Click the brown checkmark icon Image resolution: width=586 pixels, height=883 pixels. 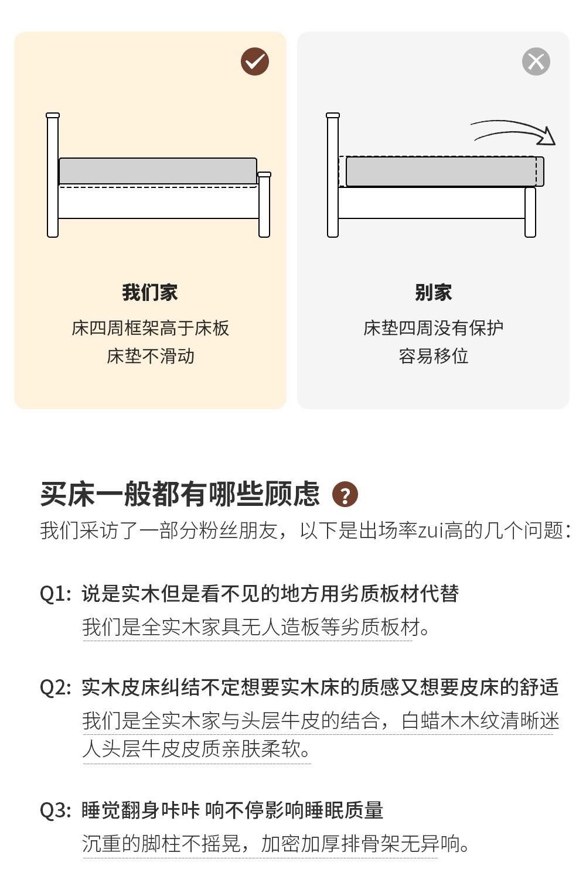[x=255, y=61]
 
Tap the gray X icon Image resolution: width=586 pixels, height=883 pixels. [x=536, y=61]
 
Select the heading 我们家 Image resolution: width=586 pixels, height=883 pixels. [x=150, y=292]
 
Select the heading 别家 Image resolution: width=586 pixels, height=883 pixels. [x=433, y=292]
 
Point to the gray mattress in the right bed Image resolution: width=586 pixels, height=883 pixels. [x=442, y=172]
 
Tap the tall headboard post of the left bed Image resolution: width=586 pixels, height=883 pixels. [x=53, y=176]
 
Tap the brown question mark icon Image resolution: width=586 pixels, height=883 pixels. [x=345, y=495]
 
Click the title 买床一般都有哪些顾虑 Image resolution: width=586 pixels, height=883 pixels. [x=180, y=494]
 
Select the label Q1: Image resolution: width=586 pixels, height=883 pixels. [x=56, y=594]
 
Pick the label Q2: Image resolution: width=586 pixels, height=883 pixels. [x=56, y=687]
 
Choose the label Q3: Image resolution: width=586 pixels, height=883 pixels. [x=56, y=810]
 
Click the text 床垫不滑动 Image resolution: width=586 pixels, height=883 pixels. [x=150, y=356]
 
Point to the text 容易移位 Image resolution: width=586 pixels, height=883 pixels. [x=433, y=356]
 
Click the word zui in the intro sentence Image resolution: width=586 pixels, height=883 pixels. [x=430, y=531]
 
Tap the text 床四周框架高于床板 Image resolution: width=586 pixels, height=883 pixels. [x=150, y=328]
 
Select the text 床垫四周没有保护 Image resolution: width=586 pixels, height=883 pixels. [x=433, y=328]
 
